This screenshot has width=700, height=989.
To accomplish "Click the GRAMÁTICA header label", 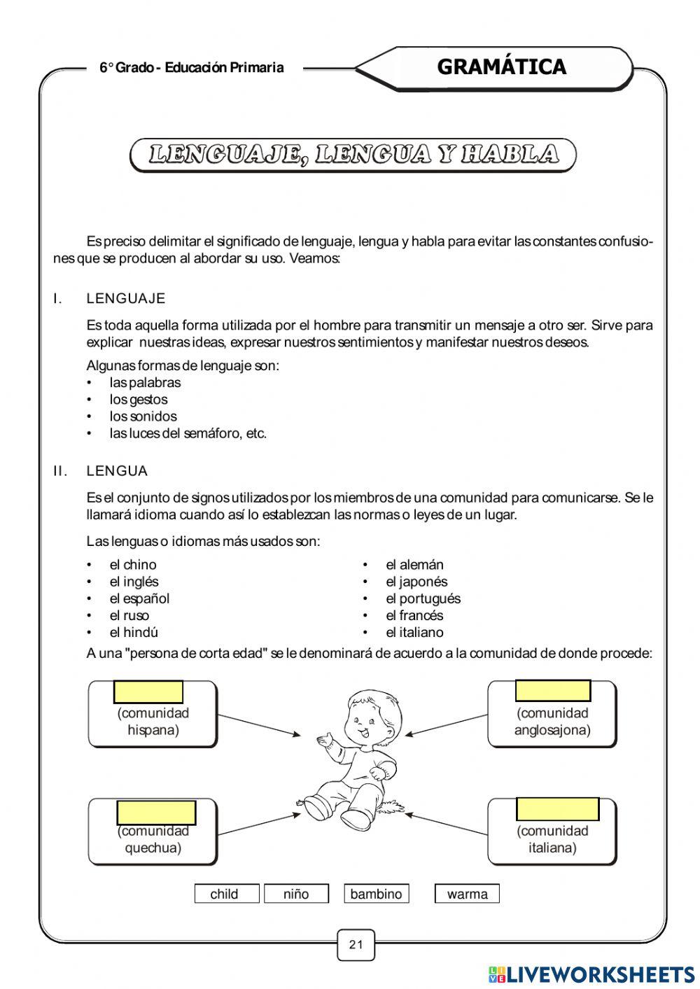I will [x=501, y=67].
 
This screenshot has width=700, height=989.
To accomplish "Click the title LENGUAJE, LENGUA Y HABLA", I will [x=353, y=155].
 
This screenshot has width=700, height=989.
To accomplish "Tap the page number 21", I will [x=356, y=944].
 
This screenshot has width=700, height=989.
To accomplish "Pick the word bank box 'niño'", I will [x=296, y=894].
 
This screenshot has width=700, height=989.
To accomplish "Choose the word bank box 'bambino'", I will [x=376, y=894].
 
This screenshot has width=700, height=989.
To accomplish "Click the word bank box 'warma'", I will [x=467, y=894].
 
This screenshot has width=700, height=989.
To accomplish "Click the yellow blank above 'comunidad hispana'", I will [x=148, y=692].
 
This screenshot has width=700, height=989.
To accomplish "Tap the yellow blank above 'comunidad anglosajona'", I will [x=552, y=690].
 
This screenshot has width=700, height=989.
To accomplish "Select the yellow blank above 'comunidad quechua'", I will [x=156, y=813].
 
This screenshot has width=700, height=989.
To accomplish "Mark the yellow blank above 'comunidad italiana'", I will [x=557, y=808].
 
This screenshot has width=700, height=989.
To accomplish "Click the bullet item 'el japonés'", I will [x=416, y=582].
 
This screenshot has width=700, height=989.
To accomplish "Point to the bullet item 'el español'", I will [x=139, y=598].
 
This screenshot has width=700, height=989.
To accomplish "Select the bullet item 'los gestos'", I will [x=139, y=400].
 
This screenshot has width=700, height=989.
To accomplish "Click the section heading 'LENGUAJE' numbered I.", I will [x=126, y=299].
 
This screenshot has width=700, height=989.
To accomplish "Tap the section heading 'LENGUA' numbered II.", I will [x=117, y=471].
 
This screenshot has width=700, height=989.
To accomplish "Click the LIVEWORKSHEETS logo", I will [x=591, y=974].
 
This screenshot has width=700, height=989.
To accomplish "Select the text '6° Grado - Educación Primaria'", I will [x=192, y=68].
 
